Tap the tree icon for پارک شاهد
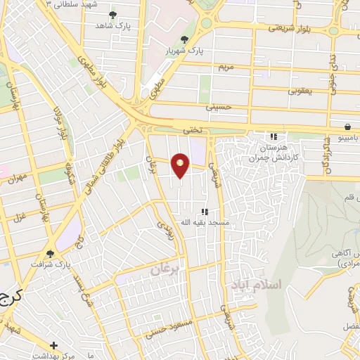tap(113, 14)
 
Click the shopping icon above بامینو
tap(348, 127)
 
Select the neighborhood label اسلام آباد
tap(255, 285)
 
